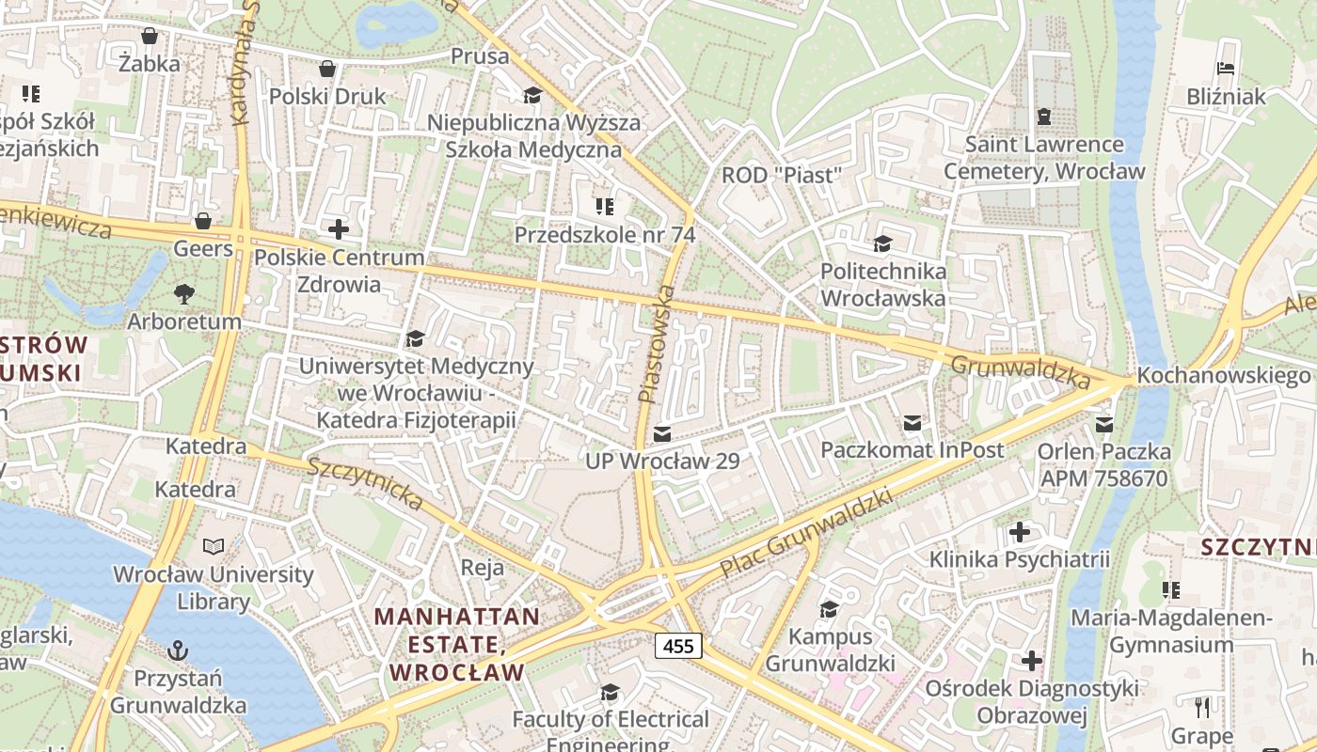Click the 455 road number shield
(x=678, y=646)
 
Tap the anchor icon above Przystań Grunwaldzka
(x=177, y=650)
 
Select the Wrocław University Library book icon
(x=214, y=546)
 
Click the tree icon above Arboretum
(x=184, y=293)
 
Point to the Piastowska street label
(x=658, y=344)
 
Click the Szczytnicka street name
(x=365, y=484)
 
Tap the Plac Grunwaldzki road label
(x=805, y=533)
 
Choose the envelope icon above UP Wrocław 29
(x=662, y=433)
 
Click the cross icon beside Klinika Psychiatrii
(x=1019, y=533)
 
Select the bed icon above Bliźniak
(x=1226, y=69)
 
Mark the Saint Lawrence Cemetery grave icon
(x=1043, y=117)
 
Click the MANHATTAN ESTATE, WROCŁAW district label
(x=457, y=645)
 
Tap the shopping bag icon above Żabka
(x=149, y=37)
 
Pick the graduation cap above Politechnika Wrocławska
(x=882, y=243)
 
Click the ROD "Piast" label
(x=780, y=176)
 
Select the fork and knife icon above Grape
(x=1201, y=707)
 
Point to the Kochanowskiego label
(x=1223, y=376)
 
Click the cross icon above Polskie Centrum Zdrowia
(x=339, y=228)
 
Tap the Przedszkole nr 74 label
(x=604, y=235)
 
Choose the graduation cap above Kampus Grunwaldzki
(x=829, y=609)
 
